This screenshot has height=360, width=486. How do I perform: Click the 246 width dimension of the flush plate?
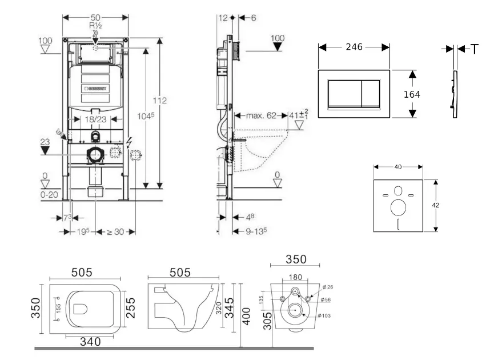click(354, 47)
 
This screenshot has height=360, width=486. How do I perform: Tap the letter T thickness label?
click(475, 50)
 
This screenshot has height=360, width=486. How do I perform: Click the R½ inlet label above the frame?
click(95, 26)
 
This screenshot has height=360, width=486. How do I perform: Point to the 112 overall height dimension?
click(160, 101)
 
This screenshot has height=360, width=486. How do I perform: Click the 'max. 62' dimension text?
click(261, 115)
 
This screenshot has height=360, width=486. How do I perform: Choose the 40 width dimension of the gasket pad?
click(398, 167)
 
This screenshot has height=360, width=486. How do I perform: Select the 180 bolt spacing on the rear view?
click(295, 278)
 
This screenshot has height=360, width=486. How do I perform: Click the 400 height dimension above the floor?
click(247, 315)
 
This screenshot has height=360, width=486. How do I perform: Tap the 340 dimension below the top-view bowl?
click(90, 342)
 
